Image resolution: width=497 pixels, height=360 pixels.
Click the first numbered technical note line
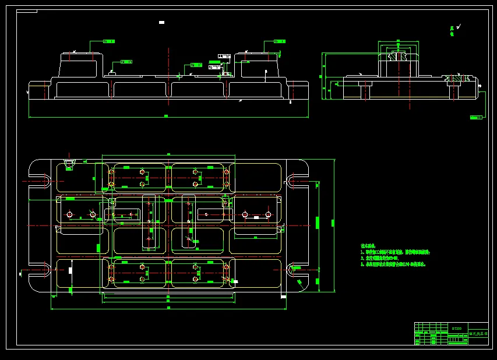[x=396, y=252]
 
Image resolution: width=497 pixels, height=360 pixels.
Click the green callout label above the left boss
[x=108, y=41]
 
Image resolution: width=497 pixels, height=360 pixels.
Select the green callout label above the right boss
[x=279, y=41]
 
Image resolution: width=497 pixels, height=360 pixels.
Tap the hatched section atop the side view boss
[x=399, y=57]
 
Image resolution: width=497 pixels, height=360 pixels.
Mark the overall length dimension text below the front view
[x=166, y=116]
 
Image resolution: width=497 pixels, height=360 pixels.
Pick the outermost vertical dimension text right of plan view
[x=333, y=223]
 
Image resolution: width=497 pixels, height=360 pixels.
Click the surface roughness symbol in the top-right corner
[x=459, y=26]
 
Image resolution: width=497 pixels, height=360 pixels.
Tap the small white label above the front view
[x=161, y=22]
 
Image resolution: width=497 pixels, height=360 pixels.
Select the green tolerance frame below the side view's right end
[x=476, y=117]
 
